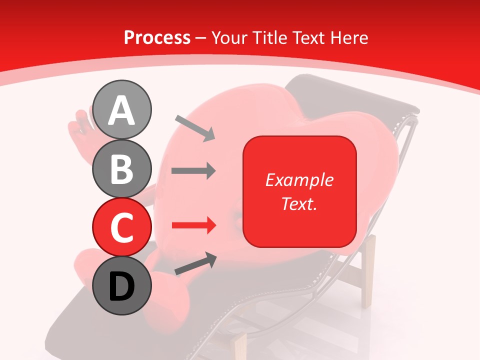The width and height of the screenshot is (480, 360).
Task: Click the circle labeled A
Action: click(121, 109)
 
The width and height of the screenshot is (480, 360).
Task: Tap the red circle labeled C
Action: click(121, 227)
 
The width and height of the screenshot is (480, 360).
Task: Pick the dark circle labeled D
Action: click(121, 285)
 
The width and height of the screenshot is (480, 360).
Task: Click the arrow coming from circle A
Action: click(195, 128)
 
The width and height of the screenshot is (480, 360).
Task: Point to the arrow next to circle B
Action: click(193, 171)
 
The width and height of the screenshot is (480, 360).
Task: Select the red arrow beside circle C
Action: click(193, 225)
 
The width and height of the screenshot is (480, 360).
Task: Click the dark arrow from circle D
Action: click(195, 264)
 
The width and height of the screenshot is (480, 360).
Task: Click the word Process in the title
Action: click(157, 37)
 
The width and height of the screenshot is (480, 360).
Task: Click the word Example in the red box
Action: click(299, 180)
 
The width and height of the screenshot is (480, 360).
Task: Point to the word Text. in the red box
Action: click(299, 203)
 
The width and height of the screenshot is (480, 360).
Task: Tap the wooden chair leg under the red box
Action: click(368, 270)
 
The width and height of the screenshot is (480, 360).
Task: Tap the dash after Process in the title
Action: click(200, 38)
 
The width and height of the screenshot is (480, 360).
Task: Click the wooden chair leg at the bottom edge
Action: click(240, 345)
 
